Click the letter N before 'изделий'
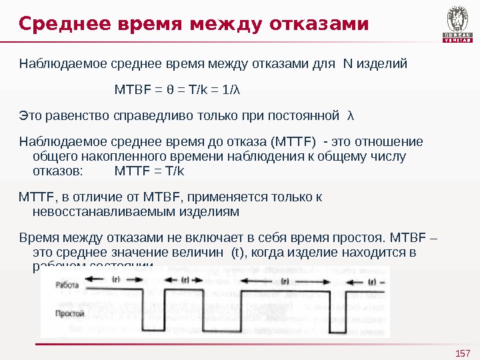347,65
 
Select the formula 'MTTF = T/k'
149,171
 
